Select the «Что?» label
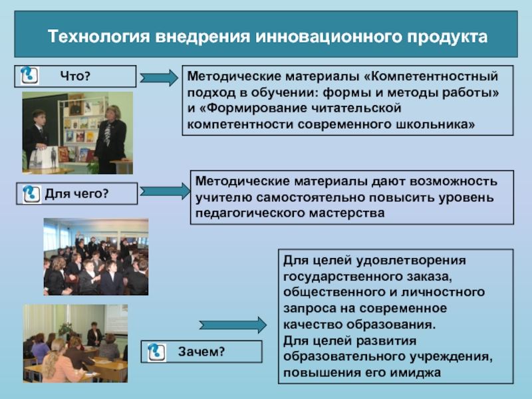point(74,77)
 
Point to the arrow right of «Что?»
point(160,77)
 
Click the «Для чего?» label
point(76,194)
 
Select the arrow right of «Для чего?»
point(165,191)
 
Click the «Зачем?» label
point(201,351)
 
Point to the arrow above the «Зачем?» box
point(233,325)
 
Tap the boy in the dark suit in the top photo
point(37,136)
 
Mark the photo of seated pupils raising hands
point(96,257)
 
